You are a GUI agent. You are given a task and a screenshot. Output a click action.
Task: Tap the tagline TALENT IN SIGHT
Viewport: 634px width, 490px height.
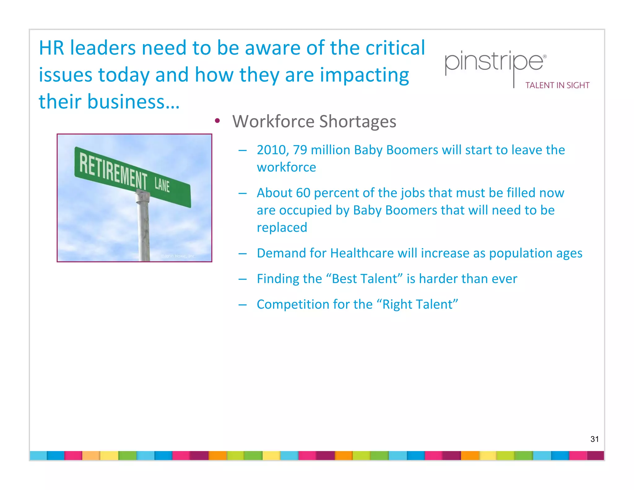coord(557,85)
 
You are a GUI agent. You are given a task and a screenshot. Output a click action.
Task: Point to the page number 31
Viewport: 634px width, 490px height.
coord(594,439)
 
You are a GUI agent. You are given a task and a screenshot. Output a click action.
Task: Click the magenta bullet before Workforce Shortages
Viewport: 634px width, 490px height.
coord(217,121)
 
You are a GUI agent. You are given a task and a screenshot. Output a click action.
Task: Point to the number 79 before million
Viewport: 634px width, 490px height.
coord(300,150)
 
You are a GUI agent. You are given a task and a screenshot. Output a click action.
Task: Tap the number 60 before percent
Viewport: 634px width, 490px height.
coord(303,193)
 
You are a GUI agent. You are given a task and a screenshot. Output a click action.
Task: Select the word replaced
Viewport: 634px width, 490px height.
coord(282,228)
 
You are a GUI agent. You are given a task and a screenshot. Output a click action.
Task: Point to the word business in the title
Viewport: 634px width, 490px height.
coord(126,102)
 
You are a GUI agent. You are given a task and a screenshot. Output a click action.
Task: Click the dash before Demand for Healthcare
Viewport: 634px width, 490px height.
coord(242,253)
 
